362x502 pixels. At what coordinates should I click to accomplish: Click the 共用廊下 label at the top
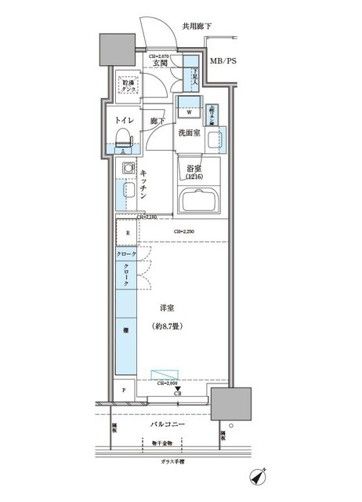(x=197, y=27)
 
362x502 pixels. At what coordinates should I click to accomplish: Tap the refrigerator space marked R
(x=126, y=234)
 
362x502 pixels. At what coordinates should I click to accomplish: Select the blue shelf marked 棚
(x=126, y=333)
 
